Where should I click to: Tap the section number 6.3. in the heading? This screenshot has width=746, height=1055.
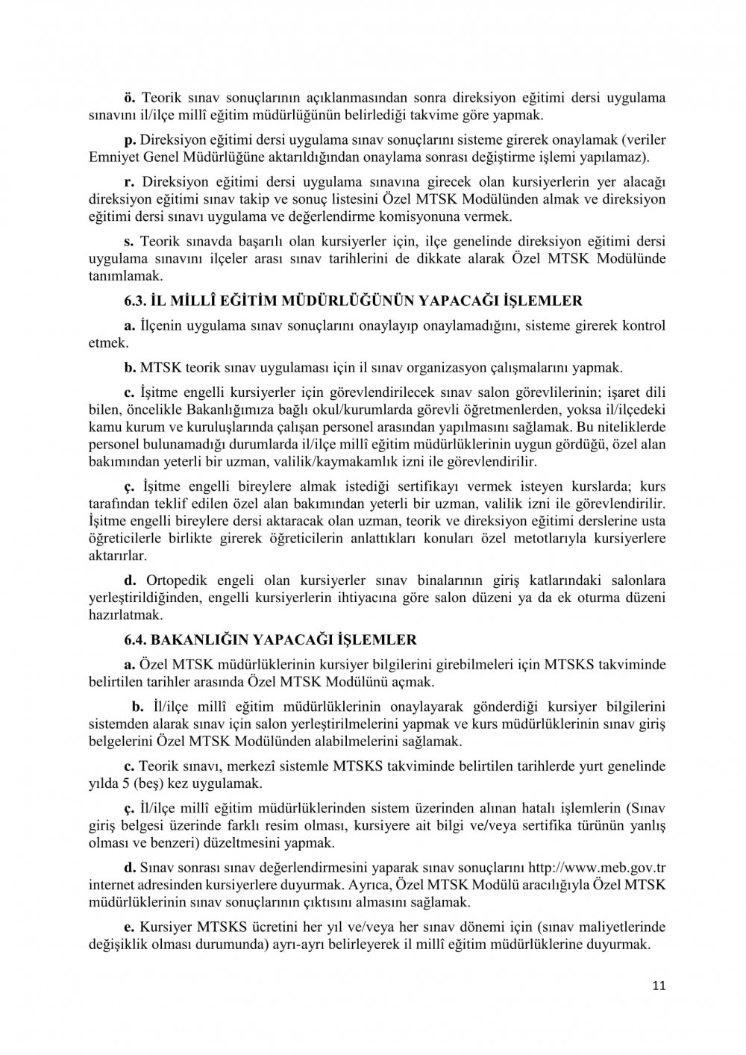click(x=136, y=301)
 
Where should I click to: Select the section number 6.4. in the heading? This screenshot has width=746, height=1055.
click(x=136, y=640)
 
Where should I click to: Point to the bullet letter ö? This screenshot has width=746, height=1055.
click(x=128, y=98)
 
